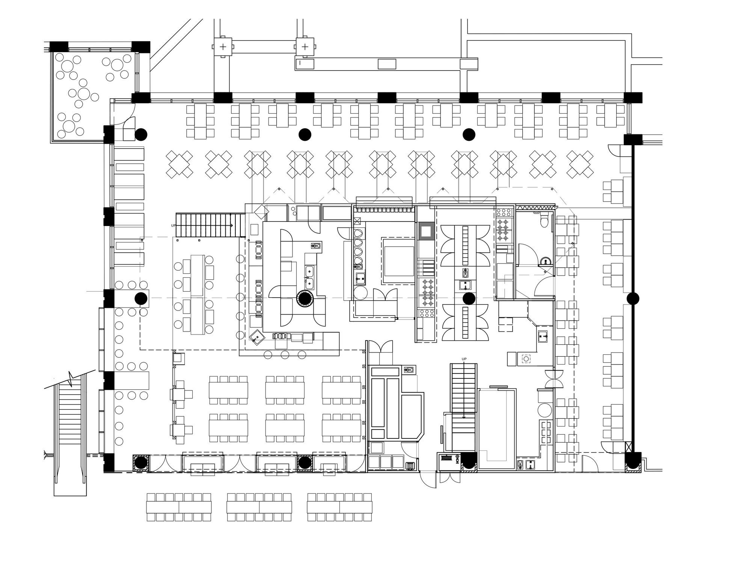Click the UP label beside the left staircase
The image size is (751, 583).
coord(173,226)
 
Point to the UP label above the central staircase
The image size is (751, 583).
coord(464,359)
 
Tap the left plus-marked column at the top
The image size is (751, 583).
coord(223,47)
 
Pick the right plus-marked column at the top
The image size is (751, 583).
coord(305,47)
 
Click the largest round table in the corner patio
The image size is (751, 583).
coord(84,93)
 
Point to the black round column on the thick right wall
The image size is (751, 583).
coord(633,298)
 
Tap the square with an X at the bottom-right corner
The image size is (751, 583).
coord(629,447)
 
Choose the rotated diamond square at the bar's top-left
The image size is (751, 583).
coord(259,211)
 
